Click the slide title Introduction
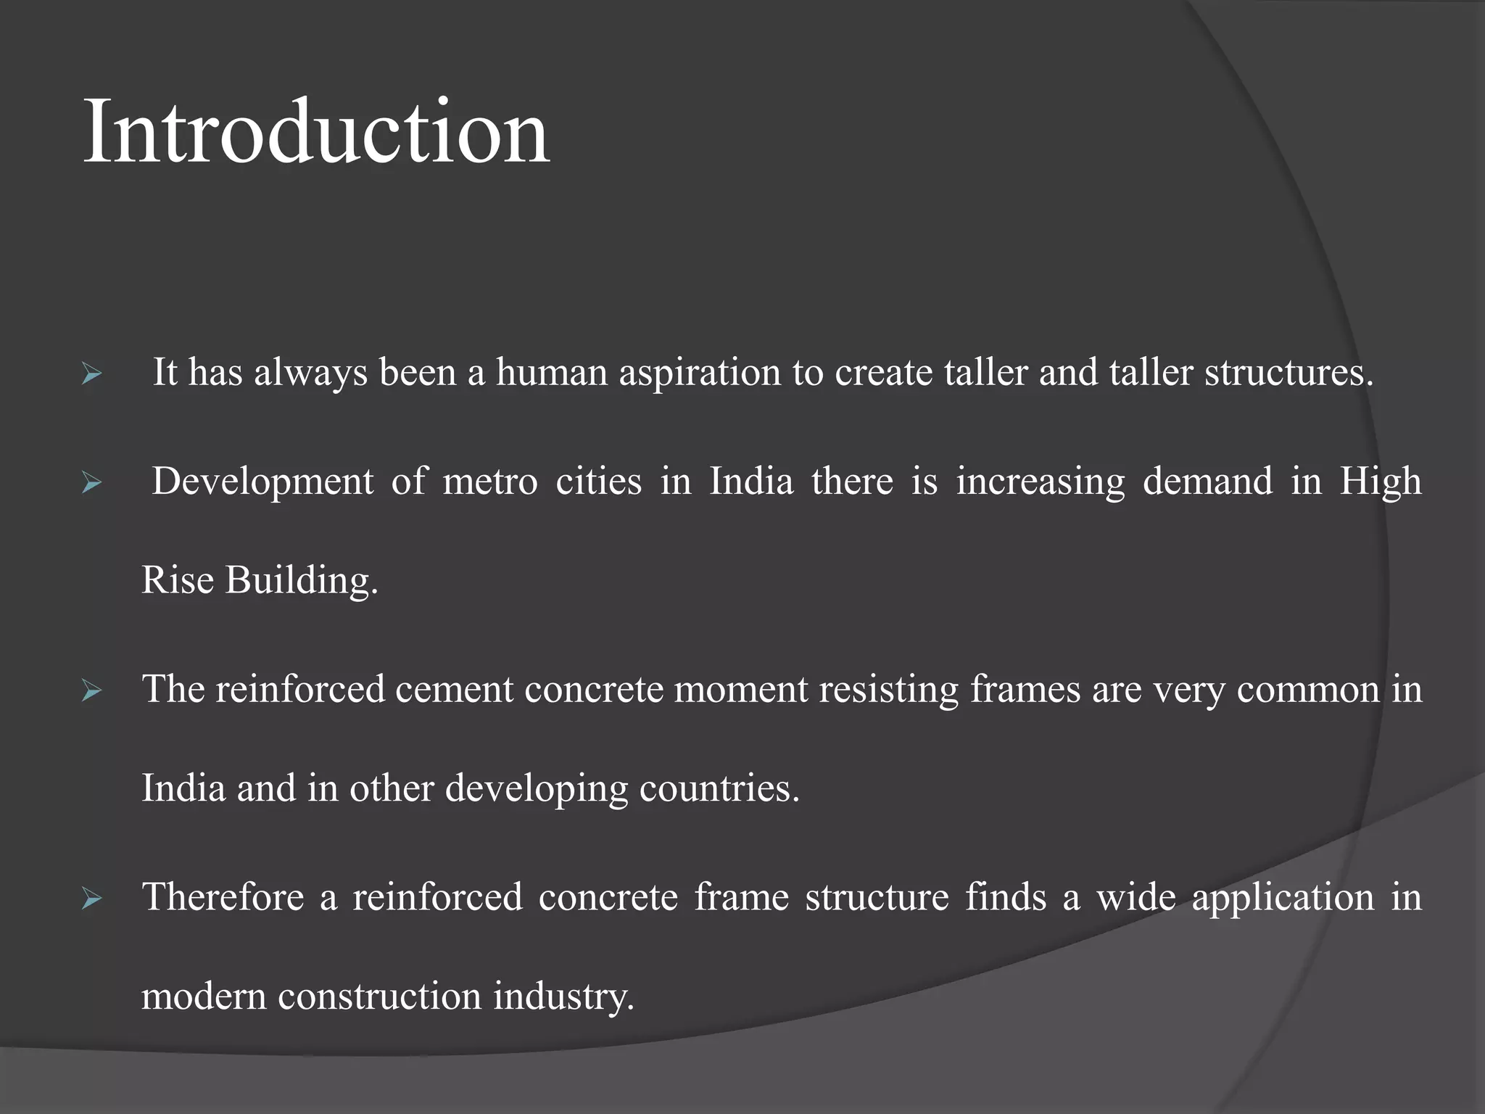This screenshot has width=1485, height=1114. click(316, 132)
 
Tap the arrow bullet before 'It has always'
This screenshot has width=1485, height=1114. click(91, 375)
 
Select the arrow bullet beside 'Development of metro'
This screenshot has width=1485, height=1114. click(91, 482)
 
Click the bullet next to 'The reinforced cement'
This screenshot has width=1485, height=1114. click(91, 690)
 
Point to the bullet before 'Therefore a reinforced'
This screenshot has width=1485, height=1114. click(91, 899)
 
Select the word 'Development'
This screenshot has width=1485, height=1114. click(262, 482)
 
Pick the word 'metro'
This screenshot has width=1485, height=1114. click(490, 482)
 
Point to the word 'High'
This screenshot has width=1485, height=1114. click(1381, 482)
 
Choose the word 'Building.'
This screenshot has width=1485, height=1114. click(302, 581)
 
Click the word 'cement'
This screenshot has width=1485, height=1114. click(454, 689)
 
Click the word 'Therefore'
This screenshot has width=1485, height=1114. click(223, 897)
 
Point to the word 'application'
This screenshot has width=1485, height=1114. click(1283, 898)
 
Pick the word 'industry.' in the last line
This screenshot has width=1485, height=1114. click(563, 997)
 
